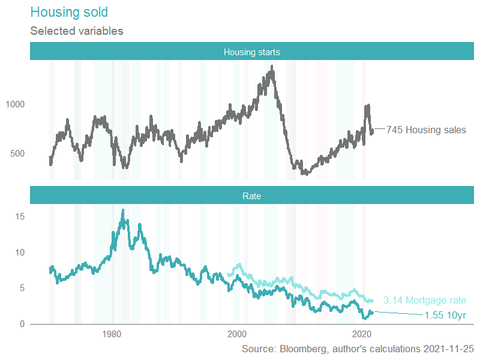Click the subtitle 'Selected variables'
[76, 31]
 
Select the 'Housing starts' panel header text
[252, 52]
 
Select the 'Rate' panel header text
[252, 196]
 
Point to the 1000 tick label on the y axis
[16, 104]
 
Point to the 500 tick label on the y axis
[18, 154]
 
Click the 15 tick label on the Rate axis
[20, 216]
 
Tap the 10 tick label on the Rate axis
[20, 252]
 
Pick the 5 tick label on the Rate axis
[22, 288]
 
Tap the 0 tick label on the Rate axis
[22, 324]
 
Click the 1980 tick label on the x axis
[112, 334]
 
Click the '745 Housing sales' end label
[426, 130]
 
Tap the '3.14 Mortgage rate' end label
[425, 301]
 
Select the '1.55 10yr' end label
[445, 315]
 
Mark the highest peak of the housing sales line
[272, 67]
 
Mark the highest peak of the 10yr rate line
[123, 210]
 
